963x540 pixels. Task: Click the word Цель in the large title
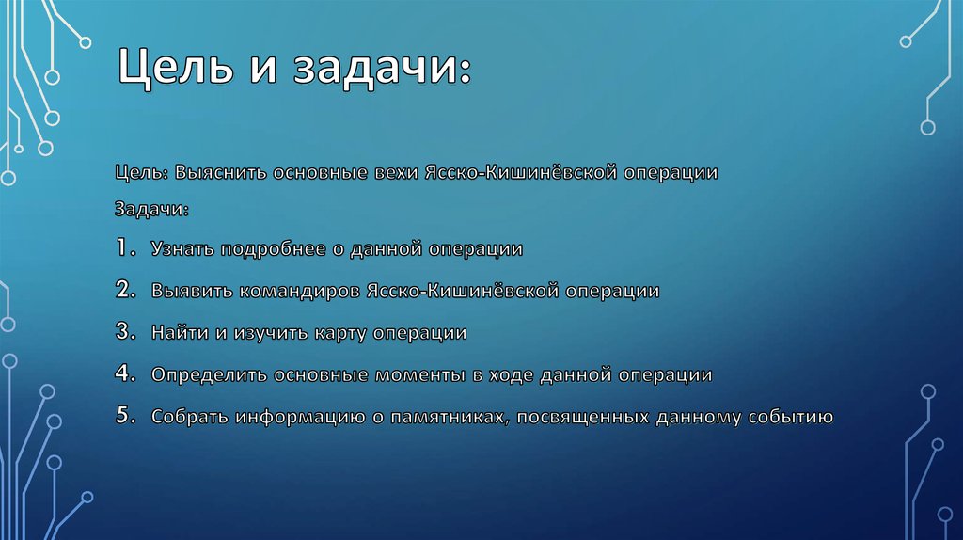(x=176, y=67)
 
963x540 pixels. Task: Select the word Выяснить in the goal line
(x=220, y=172)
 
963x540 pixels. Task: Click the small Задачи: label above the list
(x=151, y=210)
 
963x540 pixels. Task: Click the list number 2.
(x=125, y=290)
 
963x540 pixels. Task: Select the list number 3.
(x=125, y=332)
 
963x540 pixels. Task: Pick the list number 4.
(x=125, y=373)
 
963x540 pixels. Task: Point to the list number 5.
(x=125, y=415)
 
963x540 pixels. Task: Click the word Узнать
(x=182, y=248)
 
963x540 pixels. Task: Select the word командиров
(x=299, y=292)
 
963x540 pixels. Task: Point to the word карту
(x=340, y=334)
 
